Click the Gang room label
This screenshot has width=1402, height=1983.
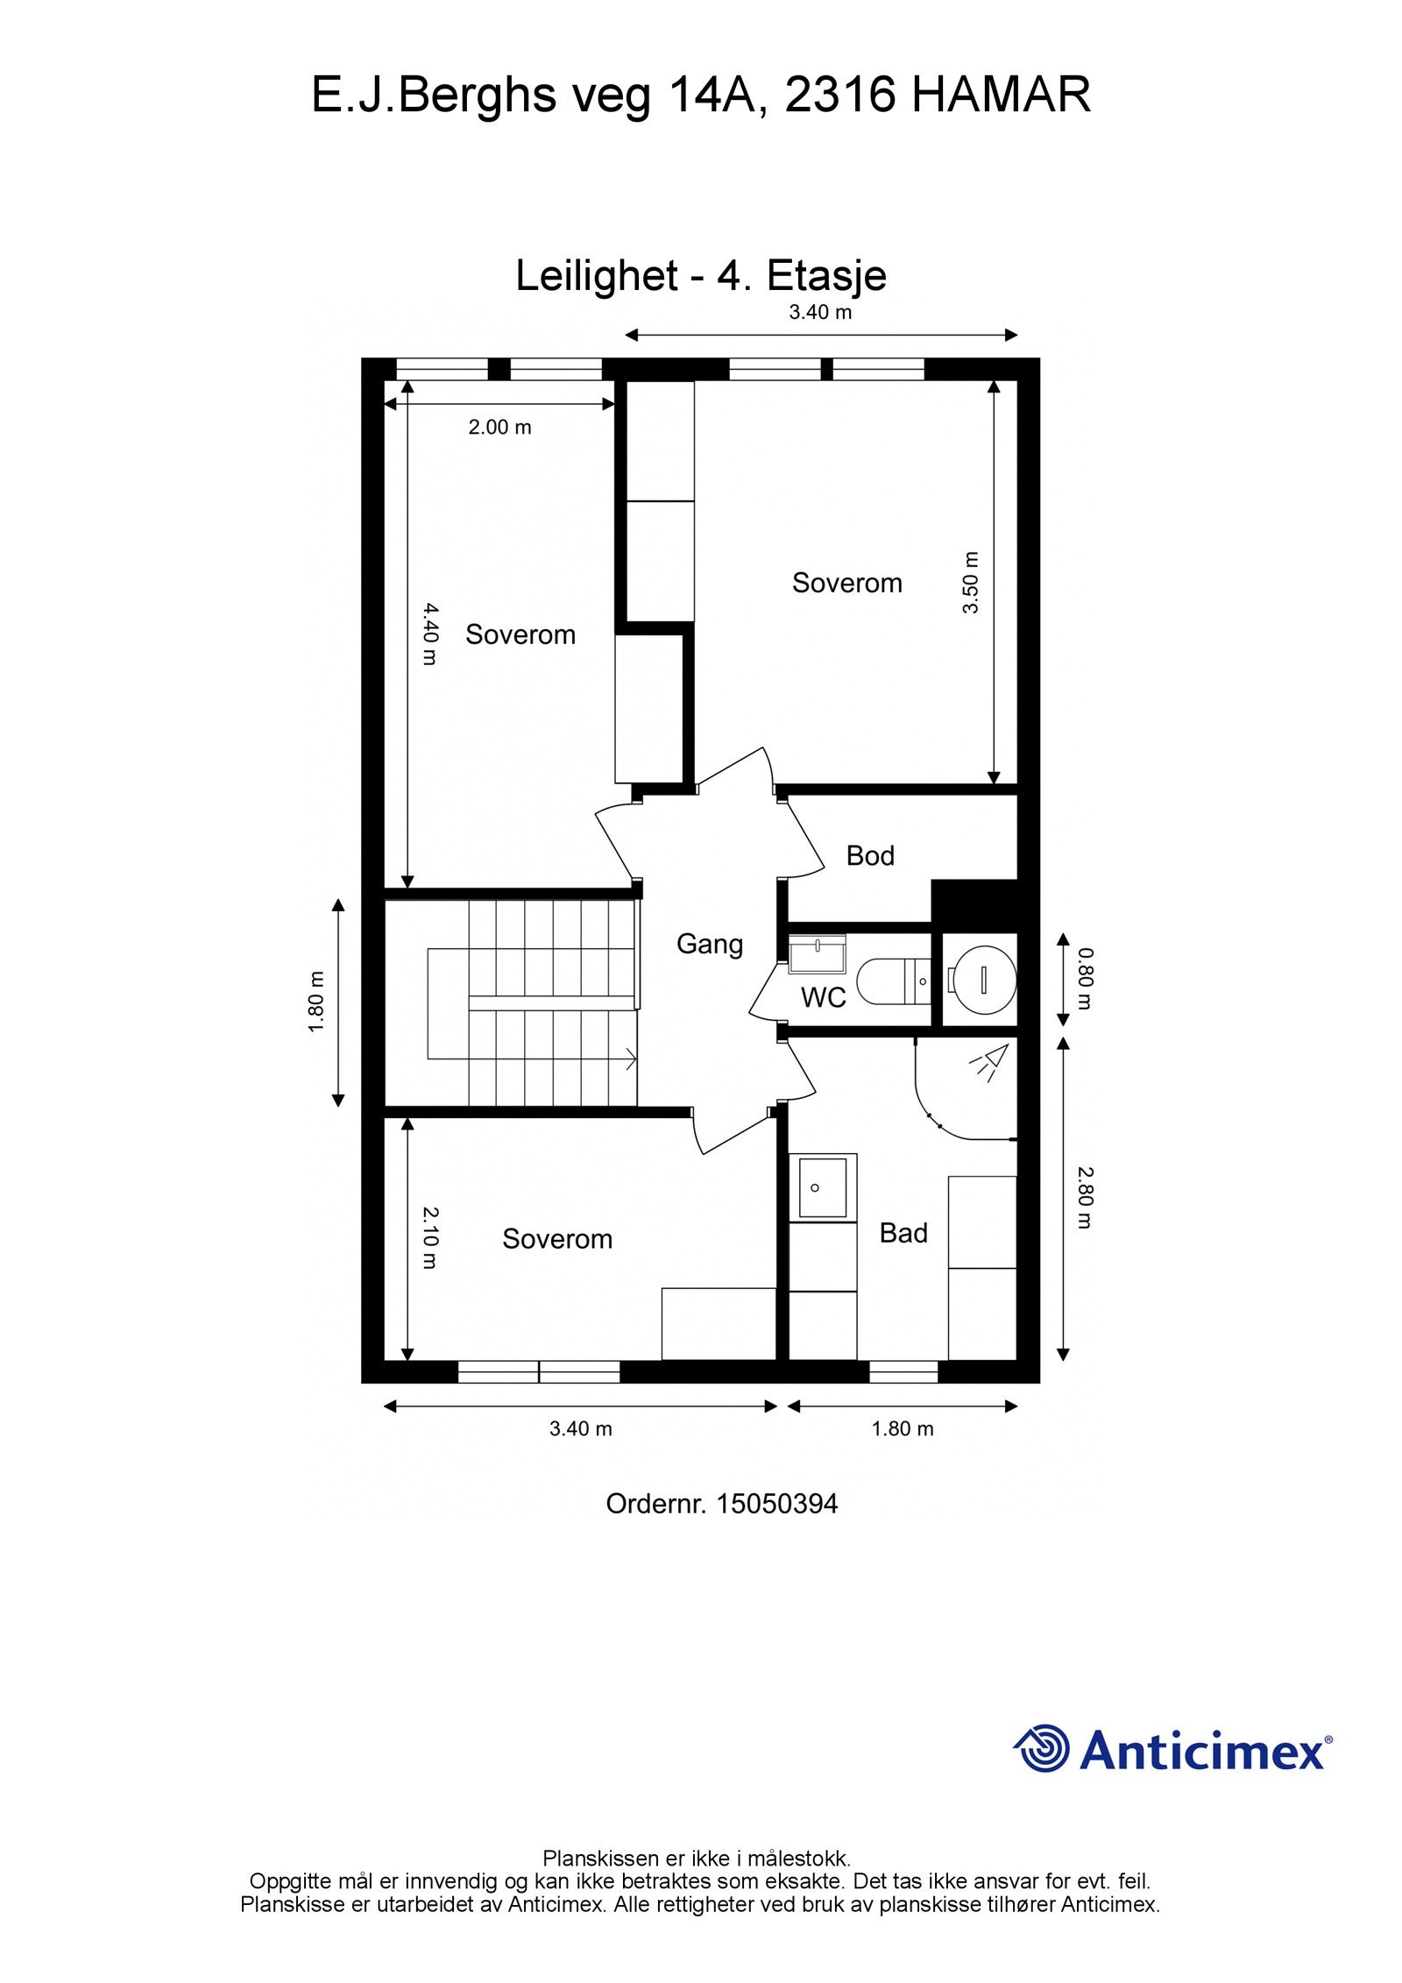pyautogui.click(x=709, y=945)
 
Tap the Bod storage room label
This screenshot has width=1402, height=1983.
pyautogui.click(x=869, y=855)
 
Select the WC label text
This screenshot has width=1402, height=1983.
pyautogui.click(x=823, y=997)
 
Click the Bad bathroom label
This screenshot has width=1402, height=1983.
pyautogui.click(x=903, y=1233)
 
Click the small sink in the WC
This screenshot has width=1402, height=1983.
pyautogui.click(x=818, y=953)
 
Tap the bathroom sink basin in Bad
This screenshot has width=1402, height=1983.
pyautogui.click(x=823, y=1187)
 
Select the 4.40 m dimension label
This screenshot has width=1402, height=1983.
pyautogui.click(x=428, y=633)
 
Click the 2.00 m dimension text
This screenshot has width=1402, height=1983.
pyautogui.click(x=499, y=428)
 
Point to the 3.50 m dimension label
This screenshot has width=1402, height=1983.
pyautogui.click(x=970, y=583)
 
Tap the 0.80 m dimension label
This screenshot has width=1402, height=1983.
pyautogui.click(x=1085, y=978)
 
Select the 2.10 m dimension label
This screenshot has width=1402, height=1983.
pyautogui.click(x=428, y=1237)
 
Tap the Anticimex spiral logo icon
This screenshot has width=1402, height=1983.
pyautogui.click(x=1042, y=1748)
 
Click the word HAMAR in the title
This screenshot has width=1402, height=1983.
pyautogui.click(x=1001, y=95)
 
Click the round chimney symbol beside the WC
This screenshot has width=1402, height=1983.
pyautogui.click(x=982, y=979)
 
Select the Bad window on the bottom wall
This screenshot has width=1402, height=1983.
pyautogui.click(x=903, y=1372)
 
